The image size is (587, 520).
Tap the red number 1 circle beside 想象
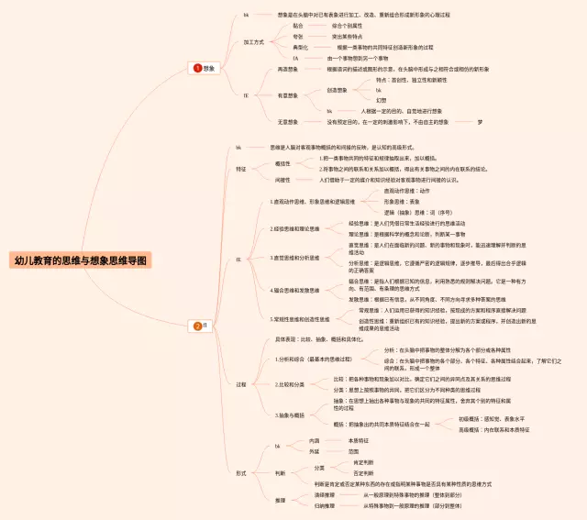click(x=197, y=68)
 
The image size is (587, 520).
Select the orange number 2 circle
click(x=197, y=325)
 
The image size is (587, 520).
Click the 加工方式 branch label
click(x=254, y=42)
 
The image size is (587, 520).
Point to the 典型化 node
click(x=300, y=47)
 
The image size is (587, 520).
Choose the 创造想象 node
click(x=338, y=90)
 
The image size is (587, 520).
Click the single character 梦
click(x=480, y=121)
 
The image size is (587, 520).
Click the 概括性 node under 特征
click(x=282, y=163)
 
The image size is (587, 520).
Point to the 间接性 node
click(x=282, y=180)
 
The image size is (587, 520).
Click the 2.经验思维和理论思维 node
click(x=295, y=228)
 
